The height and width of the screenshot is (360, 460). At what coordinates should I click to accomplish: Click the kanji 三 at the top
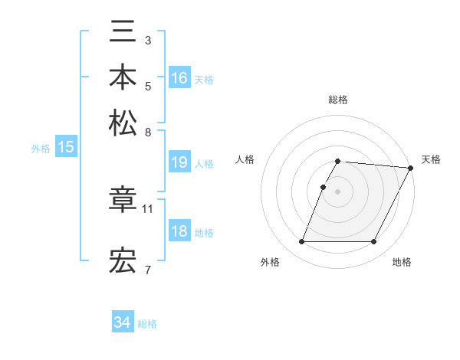123,34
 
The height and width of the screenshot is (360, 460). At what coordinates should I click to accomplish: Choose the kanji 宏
123,261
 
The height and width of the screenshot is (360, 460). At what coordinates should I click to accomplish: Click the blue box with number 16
179,78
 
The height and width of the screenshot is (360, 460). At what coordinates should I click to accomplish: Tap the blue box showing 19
179,162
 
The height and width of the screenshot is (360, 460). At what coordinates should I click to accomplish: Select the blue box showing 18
179,231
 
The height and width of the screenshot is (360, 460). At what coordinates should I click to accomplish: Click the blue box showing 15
66,148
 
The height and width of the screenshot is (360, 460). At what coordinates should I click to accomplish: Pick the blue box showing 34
123,322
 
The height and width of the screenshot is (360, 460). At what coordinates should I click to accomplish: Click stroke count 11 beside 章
148,208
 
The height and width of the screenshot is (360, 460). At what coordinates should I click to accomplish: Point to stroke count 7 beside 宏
148,270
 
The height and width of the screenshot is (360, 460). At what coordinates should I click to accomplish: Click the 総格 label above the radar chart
337,100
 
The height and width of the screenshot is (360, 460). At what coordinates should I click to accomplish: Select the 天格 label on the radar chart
431,159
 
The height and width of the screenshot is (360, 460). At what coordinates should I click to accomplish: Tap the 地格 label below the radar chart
402,263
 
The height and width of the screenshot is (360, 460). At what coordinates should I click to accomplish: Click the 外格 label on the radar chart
270,263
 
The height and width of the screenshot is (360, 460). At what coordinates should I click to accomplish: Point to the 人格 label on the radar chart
245,159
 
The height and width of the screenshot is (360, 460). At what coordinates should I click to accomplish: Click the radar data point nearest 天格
410,168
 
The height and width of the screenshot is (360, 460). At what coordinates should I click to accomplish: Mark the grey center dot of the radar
337,191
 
